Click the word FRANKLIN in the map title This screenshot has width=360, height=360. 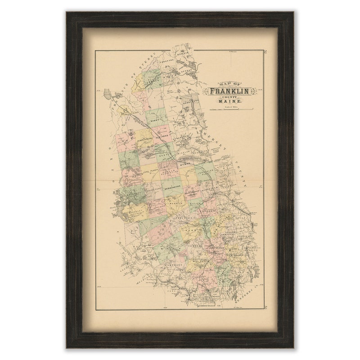coord(229,91)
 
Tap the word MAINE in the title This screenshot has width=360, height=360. coord(229,102)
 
